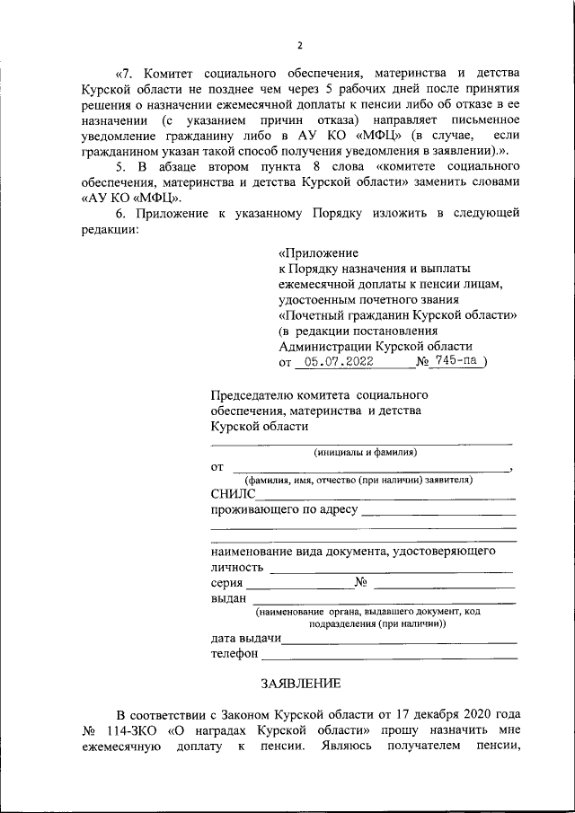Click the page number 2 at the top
(x=300, y=46)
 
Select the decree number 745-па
(x=458, y=362)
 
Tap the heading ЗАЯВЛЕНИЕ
(x=300, y=683)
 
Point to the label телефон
(x=234, y=654)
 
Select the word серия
(x=227, y=583)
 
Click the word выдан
(x=228, y=599)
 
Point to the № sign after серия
(x=363, y=583)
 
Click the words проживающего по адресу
(x=284, y=510)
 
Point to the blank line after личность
(x=391, y=570)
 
